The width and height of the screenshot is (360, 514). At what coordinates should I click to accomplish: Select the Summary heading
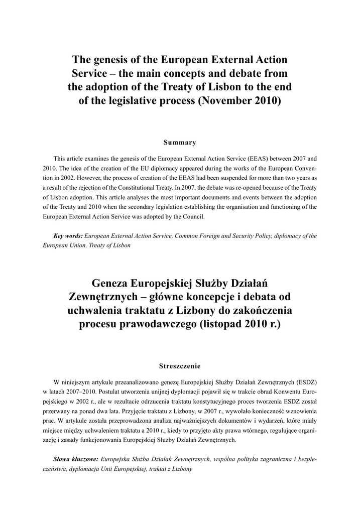tap(180, 143)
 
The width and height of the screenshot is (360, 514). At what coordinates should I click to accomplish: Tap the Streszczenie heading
tap(180, 365)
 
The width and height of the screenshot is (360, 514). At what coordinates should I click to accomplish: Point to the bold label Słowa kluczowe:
tap(75, 459)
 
